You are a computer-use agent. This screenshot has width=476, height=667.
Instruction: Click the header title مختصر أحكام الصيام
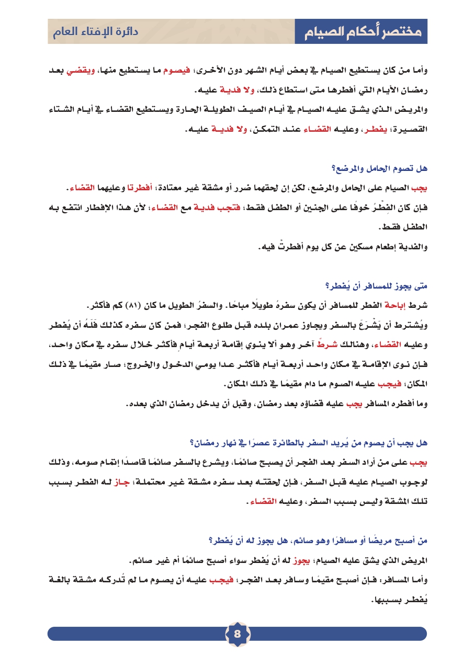(x=361, y=32)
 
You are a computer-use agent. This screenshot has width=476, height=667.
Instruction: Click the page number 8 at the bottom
(x=237, y=634)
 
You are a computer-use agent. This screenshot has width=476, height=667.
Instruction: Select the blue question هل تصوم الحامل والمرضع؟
(x=387, y=168)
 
